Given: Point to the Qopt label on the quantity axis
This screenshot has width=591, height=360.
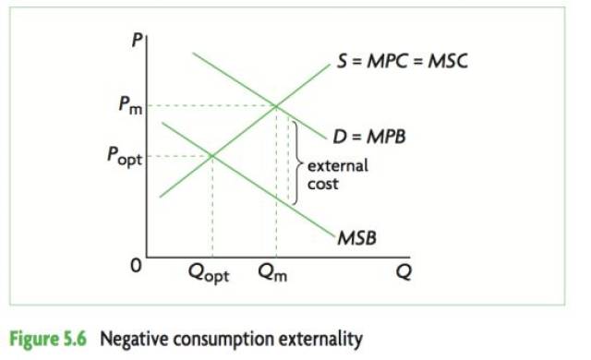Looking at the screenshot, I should (x=212, y=274).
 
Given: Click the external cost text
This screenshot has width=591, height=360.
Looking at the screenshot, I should (x=337, y=174).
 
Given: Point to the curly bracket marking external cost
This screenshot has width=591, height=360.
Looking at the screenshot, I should (x=296, y=162).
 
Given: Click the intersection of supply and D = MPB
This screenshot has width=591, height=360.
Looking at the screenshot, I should (x=276, y=106).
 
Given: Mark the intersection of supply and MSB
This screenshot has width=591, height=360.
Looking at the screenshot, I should (x=212, y=156).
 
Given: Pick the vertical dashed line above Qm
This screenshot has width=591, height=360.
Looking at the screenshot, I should (x=276, y=185).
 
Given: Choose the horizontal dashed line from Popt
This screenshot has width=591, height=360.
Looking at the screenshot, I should (x=180, y=156).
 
